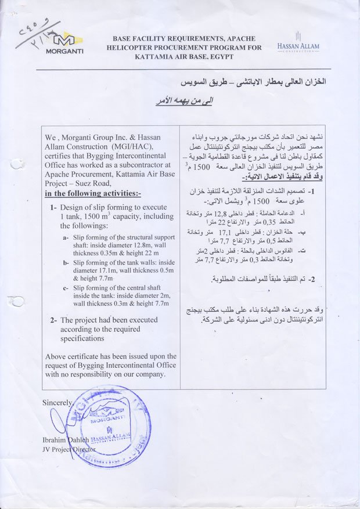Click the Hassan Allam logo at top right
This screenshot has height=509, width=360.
pyautogui.click(x=298, y=42)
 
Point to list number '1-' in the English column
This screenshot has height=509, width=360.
pyautogui.click(x=53, y=207)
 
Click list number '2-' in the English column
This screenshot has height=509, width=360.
pyautogui.click(x=53, y=320)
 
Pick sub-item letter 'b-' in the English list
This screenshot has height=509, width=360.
pyautogui.click(x=66, y=263)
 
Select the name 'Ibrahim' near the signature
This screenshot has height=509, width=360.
pyautogui.click(x=56, y=440)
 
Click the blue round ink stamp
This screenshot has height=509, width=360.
pyautogui.click(x=105, y=427)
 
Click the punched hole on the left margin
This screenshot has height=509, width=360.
pyautogui.click(x=17, y=301)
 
